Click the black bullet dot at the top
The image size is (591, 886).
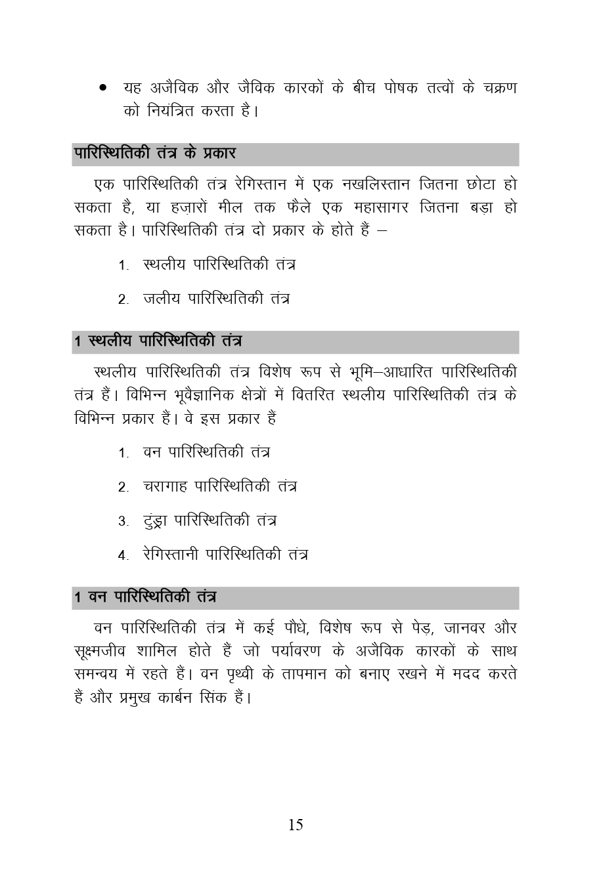coord(102,87)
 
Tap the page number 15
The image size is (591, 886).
coord(295,825)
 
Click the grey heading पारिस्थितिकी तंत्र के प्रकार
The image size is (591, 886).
coord(155,154)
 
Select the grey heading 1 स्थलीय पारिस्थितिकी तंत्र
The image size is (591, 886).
coord(158,342)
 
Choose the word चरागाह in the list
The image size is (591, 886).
coord(165,486)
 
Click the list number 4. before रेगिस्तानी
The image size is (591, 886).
coord(123,556)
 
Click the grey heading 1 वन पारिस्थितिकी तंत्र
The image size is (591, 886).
coord(145,598)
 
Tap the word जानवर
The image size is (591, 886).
coord(464,628)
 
